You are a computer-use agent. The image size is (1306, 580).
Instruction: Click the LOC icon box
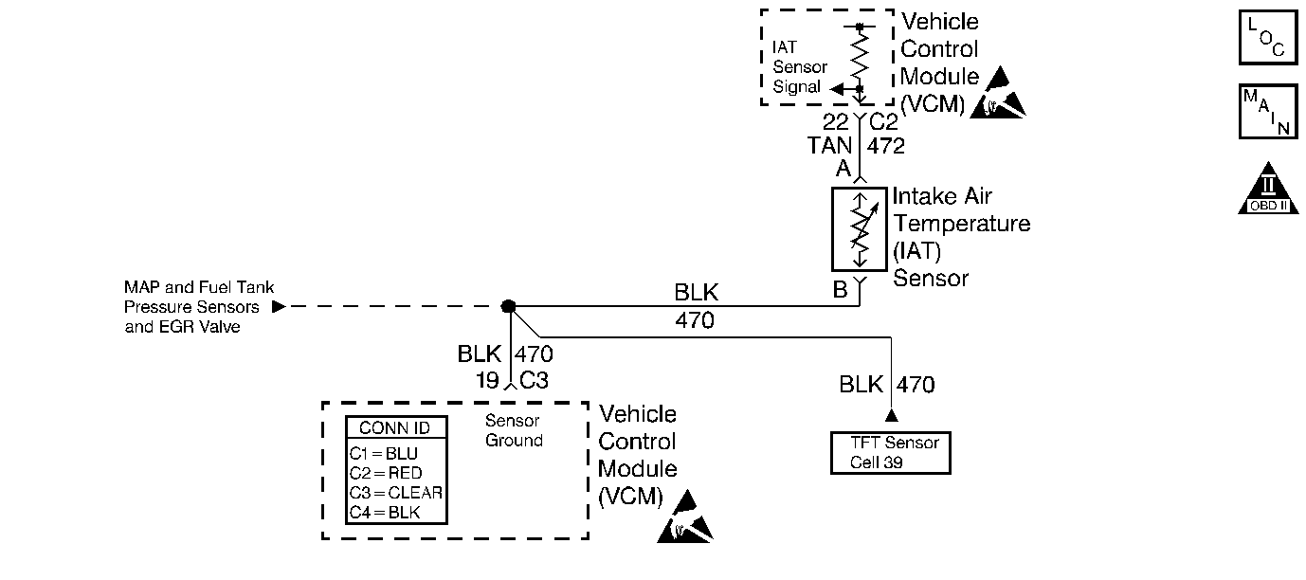coord(1267,37)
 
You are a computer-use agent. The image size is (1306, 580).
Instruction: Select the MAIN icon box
coord(1267,111)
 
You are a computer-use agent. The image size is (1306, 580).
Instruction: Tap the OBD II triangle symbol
coord(1268,190)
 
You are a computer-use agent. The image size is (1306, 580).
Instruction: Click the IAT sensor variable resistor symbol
coord(859,228)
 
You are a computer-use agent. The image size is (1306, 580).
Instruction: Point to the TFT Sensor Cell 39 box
coord(889,453)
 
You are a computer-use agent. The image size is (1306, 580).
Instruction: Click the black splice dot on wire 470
coord(509,306)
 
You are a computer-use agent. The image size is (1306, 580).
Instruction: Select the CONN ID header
coord(395,428)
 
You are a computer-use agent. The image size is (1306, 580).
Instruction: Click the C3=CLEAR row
coord(395,493)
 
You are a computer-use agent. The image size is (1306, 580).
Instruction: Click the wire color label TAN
coord(829,146)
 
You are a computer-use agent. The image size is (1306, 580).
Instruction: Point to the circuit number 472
coord(886,146)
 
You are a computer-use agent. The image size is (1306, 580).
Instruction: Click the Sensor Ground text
coord(514,430)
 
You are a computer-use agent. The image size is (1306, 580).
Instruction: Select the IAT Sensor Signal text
coord(800,66)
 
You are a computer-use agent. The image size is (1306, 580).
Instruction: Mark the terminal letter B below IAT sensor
coord(840,290)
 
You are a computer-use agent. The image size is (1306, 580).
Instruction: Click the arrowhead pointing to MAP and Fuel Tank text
coord(278,306)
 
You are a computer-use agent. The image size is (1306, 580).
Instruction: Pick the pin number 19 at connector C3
coord(489,380)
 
